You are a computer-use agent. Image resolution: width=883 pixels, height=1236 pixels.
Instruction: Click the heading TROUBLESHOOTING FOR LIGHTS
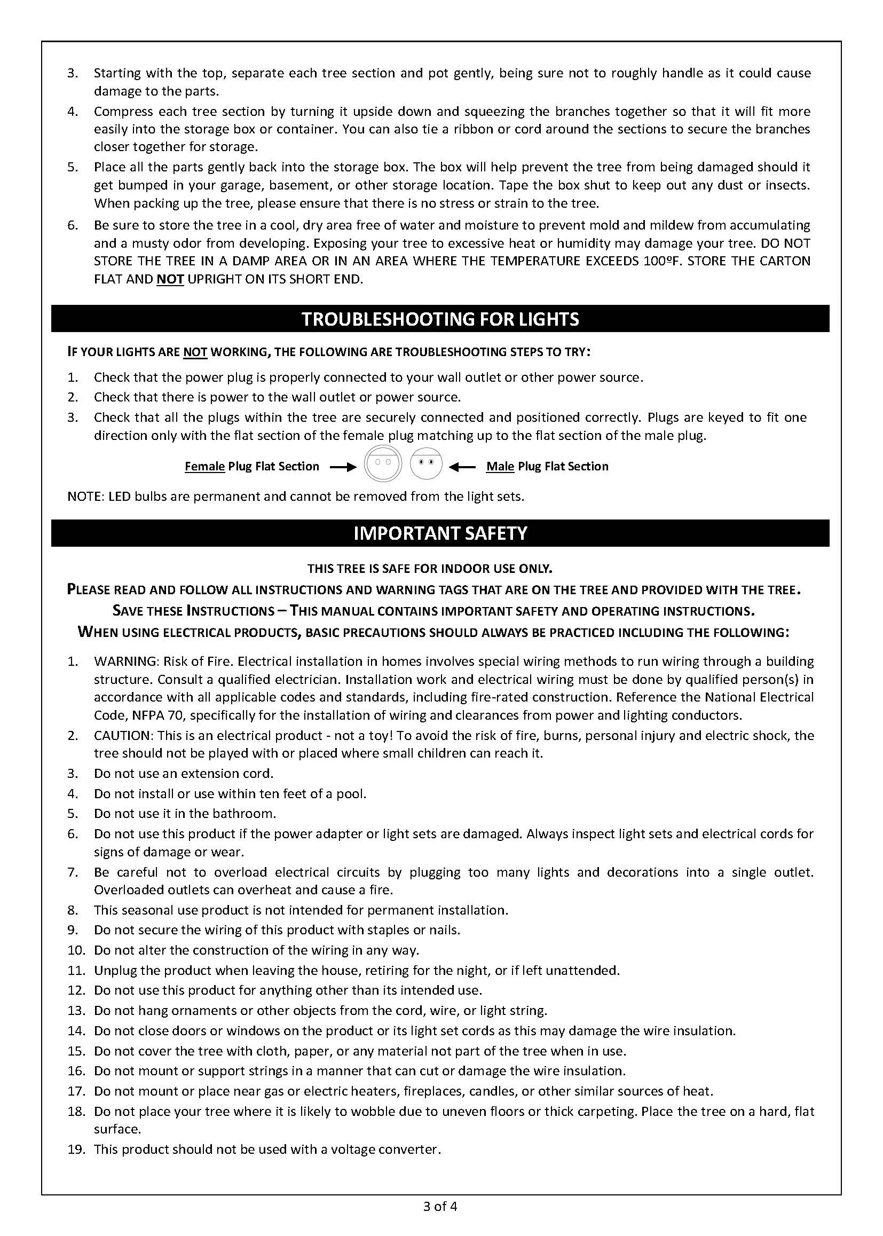pyautogui.click(x=440, y=319)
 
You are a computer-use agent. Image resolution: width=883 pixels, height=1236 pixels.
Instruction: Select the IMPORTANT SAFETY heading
pyautogui.click(x=440, y=533)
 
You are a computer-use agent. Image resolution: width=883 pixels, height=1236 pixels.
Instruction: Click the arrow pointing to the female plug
pyautogui.click(x=343, y=467)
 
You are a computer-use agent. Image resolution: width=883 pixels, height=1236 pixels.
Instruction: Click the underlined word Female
pyautogui.click(x=204, y=467)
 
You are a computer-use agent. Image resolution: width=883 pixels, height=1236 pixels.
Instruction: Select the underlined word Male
pyautogui.click(x=500, y=467)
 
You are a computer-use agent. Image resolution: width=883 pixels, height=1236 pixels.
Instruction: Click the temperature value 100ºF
pyautogui.click(x=666, y=261)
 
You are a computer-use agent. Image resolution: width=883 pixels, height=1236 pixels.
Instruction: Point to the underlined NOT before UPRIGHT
pyautogui.click(x=170, y=279)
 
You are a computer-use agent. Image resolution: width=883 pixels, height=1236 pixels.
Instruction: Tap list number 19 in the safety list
pyautogui.click(x=77, y=1150)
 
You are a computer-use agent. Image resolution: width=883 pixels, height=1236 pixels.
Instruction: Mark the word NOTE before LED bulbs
pyautogui.click(x=84, y=497)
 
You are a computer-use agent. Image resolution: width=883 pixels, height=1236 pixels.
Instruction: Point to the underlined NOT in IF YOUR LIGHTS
pyautogui.click(x=195, y=352)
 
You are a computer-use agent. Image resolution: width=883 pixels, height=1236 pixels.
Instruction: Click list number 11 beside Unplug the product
pyautogui.click(x=77, y=970)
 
